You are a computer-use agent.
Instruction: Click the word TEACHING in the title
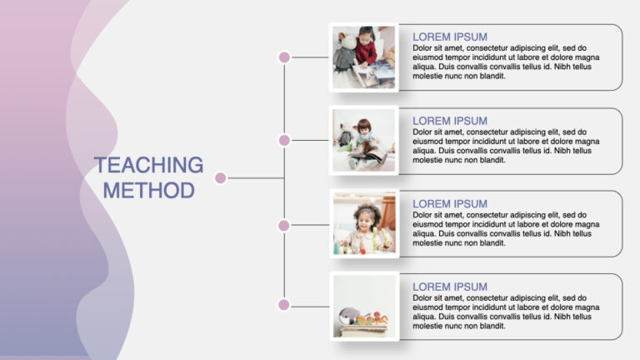(148, 165)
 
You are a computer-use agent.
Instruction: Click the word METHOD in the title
(148, 190)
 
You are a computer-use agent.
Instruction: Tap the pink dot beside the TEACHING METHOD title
(221, 177)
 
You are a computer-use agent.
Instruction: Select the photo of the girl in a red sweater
(364, 57)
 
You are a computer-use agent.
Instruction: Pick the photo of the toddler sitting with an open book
(364, 140)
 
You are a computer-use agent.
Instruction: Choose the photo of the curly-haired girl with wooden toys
(364, 223)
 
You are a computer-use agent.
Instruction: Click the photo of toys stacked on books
(364, 307)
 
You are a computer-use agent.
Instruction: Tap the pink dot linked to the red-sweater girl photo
(284, 57)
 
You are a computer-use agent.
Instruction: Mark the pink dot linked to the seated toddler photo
(284, 140)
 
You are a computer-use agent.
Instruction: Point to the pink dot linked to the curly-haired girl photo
(284, 225)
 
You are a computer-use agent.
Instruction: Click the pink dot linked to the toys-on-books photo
(284, 305)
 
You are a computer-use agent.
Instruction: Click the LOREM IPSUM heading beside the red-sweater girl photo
(450, 37)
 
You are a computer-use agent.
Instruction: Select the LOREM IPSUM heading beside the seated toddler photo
(450, 121)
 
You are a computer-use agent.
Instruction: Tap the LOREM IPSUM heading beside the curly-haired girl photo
(450, 203)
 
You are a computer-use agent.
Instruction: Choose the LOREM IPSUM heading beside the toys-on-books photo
(450, 287)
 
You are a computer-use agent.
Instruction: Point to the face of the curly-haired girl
(364, 219)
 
